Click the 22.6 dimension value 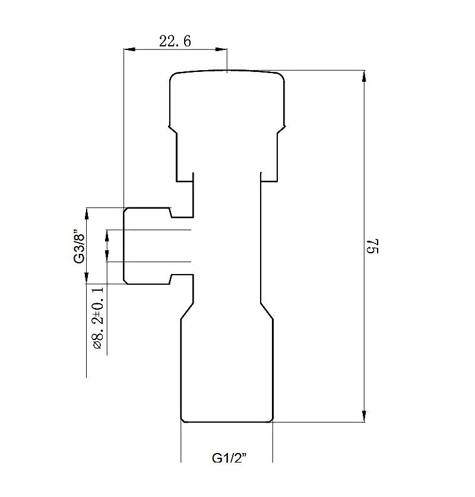click(x=175, y=41)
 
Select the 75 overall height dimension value click(x=373, y=246)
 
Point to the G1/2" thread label click(x=229, y=458)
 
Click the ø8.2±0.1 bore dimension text click(x=99, y=317)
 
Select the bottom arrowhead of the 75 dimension click(x=364, y=417)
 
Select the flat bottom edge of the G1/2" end click(x=227, y=422)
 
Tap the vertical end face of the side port click(x=123, y=246)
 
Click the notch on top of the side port click(x=170, y=213)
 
